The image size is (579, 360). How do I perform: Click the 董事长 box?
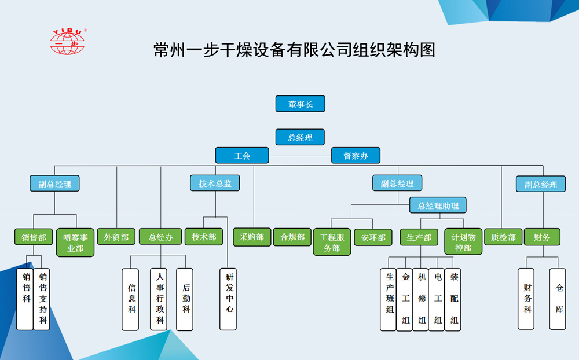300,104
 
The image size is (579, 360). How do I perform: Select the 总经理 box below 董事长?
300,138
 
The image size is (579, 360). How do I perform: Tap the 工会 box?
242,156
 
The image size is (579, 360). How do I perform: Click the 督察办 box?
356,156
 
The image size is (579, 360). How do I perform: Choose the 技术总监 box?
215,183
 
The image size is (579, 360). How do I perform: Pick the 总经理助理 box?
438,205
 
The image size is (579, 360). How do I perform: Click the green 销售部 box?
34,237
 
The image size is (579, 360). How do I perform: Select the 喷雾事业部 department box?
75,243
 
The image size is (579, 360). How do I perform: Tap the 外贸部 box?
116,237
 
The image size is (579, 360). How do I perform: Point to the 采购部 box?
252,237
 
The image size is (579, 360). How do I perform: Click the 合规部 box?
292,237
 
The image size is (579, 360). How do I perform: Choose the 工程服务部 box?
332,243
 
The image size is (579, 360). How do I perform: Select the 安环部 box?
373,237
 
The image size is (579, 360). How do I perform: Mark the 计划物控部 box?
463,243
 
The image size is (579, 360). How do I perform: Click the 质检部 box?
503,237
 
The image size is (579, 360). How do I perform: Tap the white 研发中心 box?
229,299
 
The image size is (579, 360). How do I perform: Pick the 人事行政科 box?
160,299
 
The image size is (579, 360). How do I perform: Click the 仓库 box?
558,299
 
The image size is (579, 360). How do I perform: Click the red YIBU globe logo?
68,42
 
